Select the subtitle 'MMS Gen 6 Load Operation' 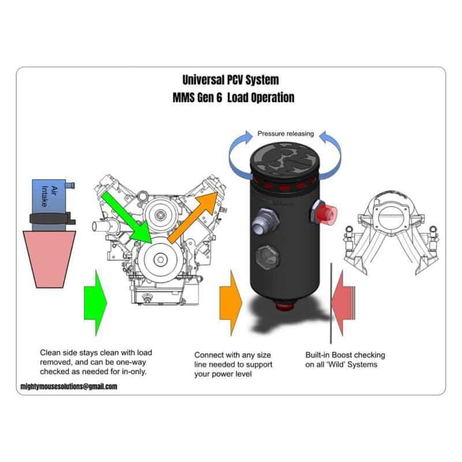(x=233, y=98)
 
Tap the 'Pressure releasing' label (x=285, y=133)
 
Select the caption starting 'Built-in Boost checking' (x=345, y=360)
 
